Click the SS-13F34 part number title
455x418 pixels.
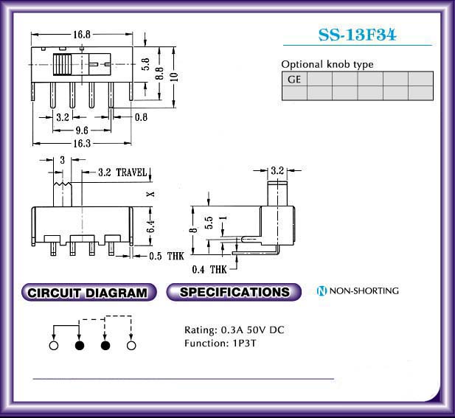(357, 35)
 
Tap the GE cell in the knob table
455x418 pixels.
(294, 79)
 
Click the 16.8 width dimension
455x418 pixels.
(82, 35)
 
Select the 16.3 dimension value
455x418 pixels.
(82, 143)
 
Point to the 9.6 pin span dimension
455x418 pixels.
(82, 130)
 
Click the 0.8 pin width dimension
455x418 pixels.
(141, 117)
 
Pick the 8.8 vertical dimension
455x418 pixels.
(159, 74)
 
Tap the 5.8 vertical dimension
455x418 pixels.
(145, 64)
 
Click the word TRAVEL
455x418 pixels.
(131, 173)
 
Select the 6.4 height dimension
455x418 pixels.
(150, 226)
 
